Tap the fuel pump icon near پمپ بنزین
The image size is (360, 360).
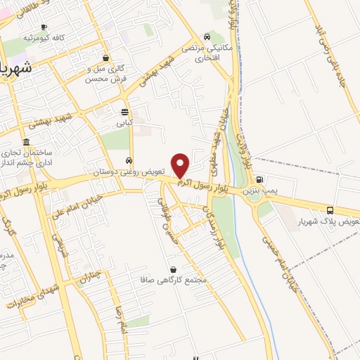259,180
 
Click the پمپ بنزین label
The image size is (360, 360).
262,191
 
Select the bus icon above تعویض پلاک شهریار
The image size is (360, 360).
330,210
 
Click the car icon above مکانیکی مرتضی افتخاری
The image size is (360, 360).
207,37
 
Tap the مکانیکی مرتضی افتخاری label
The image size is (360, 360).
207,52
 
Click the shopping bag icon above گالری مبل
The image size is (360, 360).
105,58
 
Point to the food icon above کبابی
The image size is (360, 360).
124,112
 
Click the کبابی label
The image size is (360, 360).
124,122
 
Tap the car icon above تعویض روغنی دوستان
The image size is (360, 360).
128,161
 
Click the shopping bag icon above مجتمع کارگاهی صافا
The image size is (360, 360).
173,269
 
